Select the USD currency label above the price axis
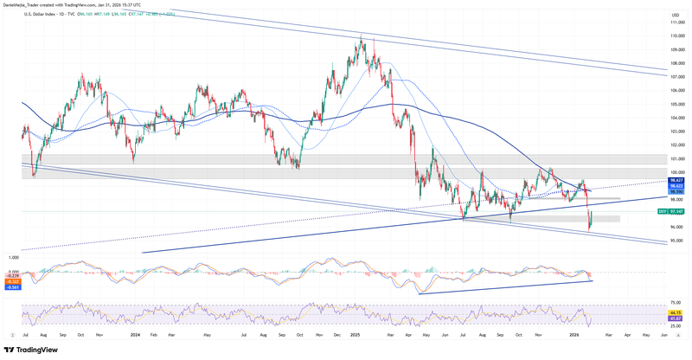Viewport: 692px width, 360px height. pyautogui.click(x=674, y=16)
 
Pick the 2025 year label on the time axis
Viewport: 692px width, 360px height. pyautogui.click(x=353, y=334)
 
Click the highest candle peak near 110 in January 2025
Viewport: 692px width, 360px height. pyautogui.click(x=361, y=35)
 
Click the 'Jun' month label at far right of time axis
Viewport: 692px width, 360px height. pyautogui.click(x=663, y=334)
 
